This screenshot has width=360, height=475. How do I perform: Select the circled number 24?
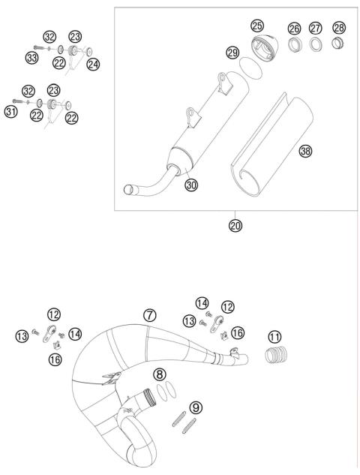tap(92, 65)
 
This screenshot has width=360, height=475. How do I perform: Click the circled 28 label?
tap(339, 28)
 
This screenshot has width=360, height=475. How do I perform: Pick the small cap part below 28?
tap(339, 49)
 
